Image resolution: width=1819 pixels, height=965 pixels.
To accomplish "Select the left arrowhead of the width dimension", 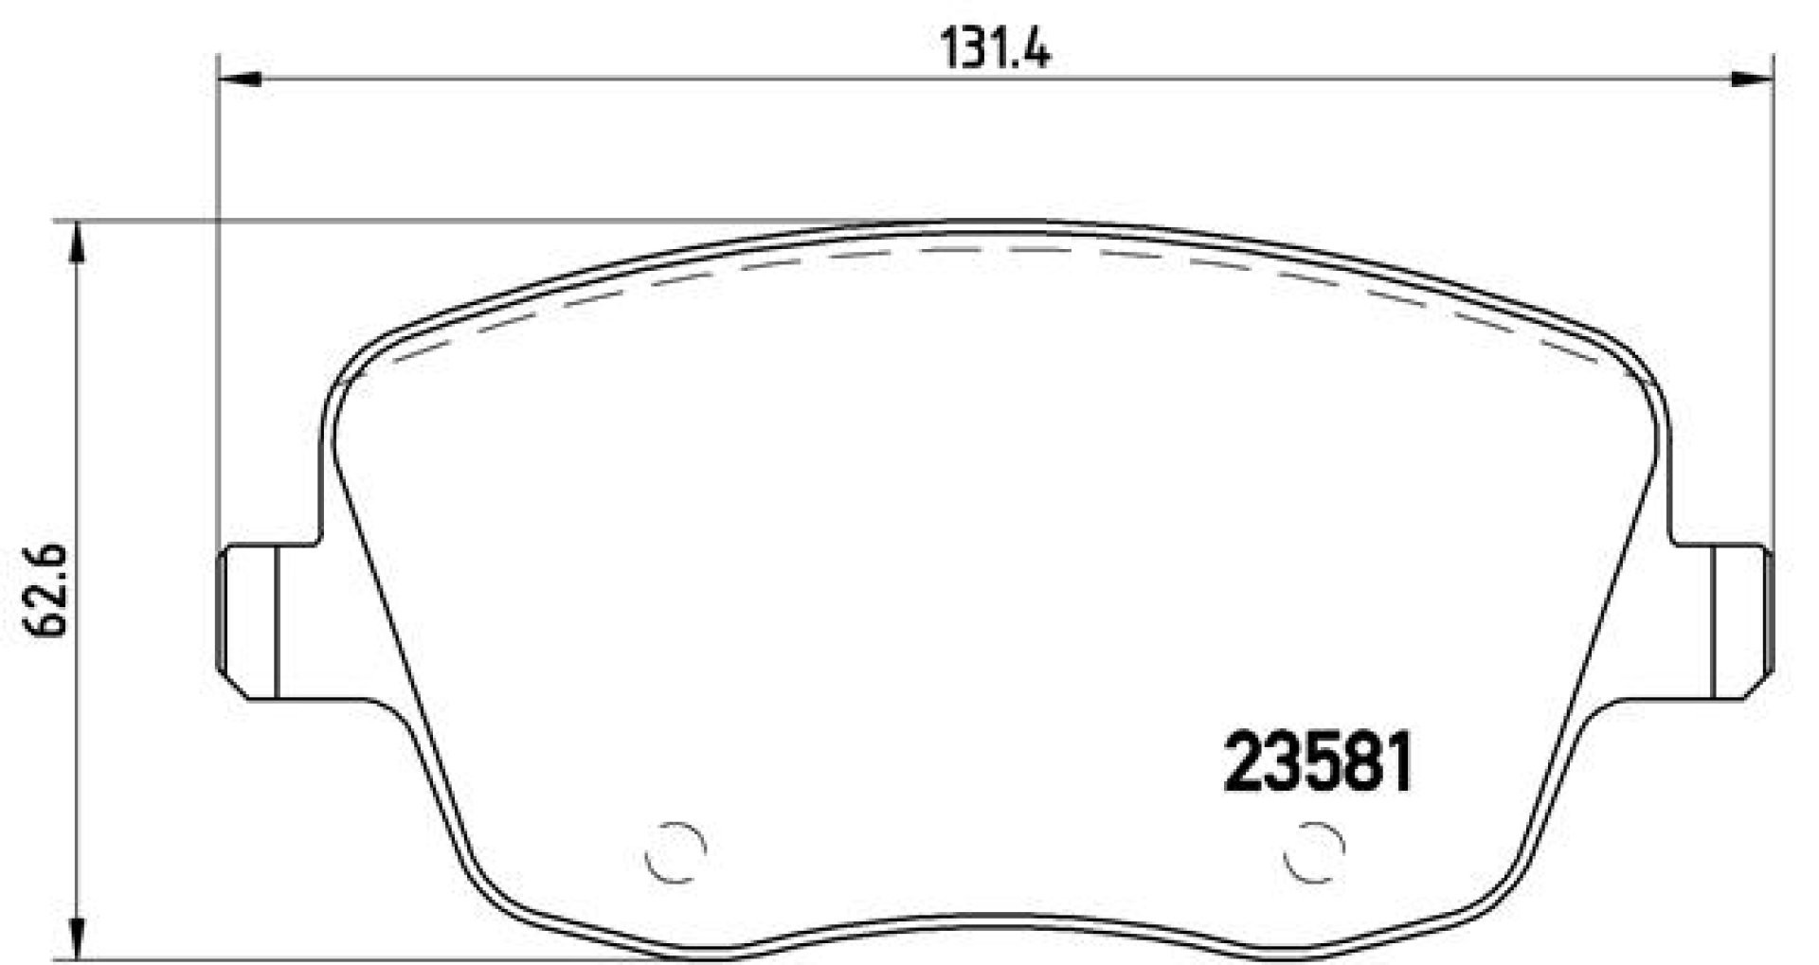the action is [239, 80].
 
